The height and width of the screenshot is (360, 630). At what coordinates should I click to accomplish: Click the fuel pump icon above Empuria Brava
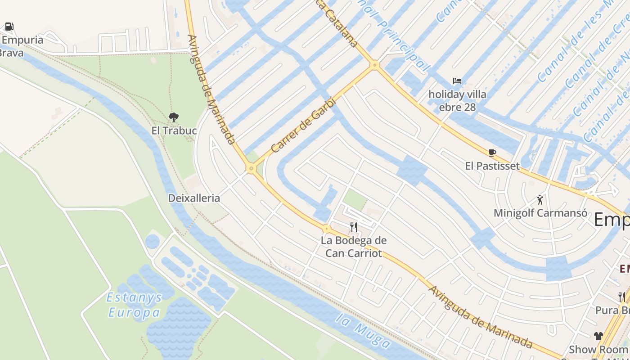click(9, 27)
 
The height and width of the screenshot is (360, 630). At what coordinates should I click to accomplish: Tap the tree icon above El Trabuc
click(173, 117)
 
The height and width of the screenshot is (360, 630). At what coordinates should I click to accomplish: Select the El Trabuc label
click(174, 130)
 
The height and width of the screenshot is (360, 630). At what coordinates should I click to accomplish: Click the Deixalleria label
click(194, 198)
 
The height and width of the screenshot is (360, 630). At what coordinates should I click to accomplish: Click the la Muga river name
click(363, 332)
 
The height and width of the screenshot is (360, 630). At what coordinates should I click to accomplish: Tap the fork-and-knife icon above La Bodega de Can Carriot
click(354, 227)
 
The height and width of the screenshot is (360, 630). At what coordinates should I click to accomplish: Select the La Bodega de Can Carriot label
click(354, 247)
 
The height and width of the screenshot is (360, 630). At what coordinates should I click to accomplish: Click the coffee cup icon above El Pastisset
click(492, 153)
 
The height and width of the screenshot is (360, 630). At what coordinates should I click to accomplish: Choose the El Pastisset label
click(492, 166)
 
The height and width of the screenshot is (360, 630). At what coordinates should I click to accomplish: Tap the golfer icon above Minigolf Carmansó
click(540, 199)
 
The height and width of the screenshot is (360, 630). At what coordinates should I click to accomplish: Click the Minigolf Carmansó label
click(540, 213)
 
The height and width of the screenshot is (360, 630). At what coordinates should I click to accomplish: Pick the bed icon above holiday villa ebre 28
click(457, 81)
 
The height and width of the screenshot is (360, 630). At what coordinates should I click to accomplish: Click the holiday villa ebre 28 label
click(457, 101)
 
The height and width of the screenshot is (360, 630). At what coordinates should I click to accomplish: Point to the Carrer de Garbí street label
click(304, 125)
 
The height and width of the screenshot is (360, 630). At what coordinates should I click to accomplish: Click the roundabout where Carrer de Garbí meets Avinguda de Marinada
click(251, 169)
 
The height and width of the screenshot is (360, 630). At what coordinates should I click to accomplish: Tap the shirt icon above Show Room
click(598, 336)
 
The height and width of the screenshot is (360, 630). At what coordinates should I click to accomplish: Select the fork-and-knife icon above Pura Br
click(621, 297)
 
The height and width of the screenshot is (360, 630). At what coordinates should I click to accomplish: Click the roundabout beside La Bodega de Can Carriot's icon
click(327, 229)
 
